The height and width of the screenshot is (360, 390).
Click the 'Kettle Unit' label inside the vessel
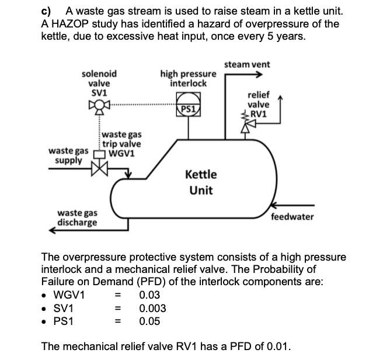pyautogui.click(x=201, y=182)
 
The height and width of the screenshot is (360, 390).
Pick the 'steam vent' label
pyautogui.click(x=247, y=64)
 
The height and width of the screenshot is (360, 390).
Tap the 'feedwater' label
pyautogui.click(x=292, y=217)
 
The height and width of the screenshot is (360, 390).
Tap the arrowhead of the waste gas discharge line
pyautogui.click(x=51, y=230)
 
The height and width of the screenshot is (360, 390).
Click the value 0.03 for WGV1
pyautogui.click(x=149, y=295)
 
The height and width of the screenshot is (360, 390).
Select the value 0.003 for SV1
pyautogui.click(x=152, y=308)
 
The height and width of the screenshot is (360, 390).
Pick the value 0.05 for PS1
pyautogui.click(x=149, y=321)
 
